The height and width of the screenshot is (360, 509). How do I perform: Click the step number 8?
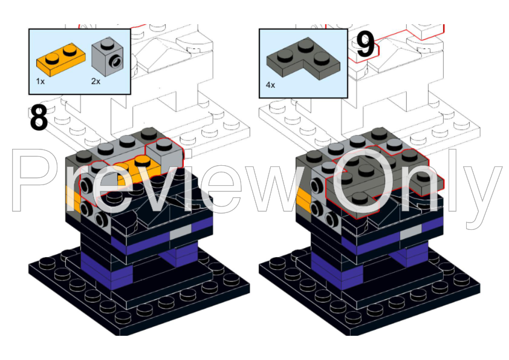pos(39,117)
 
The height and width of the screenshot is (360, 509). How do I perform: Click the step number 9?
pos(366,45)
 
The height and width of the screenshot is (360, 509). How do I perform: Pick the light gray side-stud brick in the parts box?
pos(107,56)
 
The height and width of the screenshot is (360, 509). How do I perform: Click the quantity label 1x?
pos(41,82)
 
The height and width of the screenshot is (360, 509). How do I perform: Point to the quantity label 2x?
pos(96,82)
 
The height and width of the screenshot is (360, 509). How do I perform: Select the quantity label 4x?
pos(270,85)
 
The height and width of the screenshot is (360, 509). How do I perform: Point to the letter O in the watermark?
pos(358,180)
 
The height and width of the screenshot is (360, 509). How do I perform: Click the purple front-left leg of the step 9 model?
pos(337,271)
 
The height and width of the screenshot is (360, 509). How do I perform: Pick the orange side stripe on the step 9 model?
pos(304,199)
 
